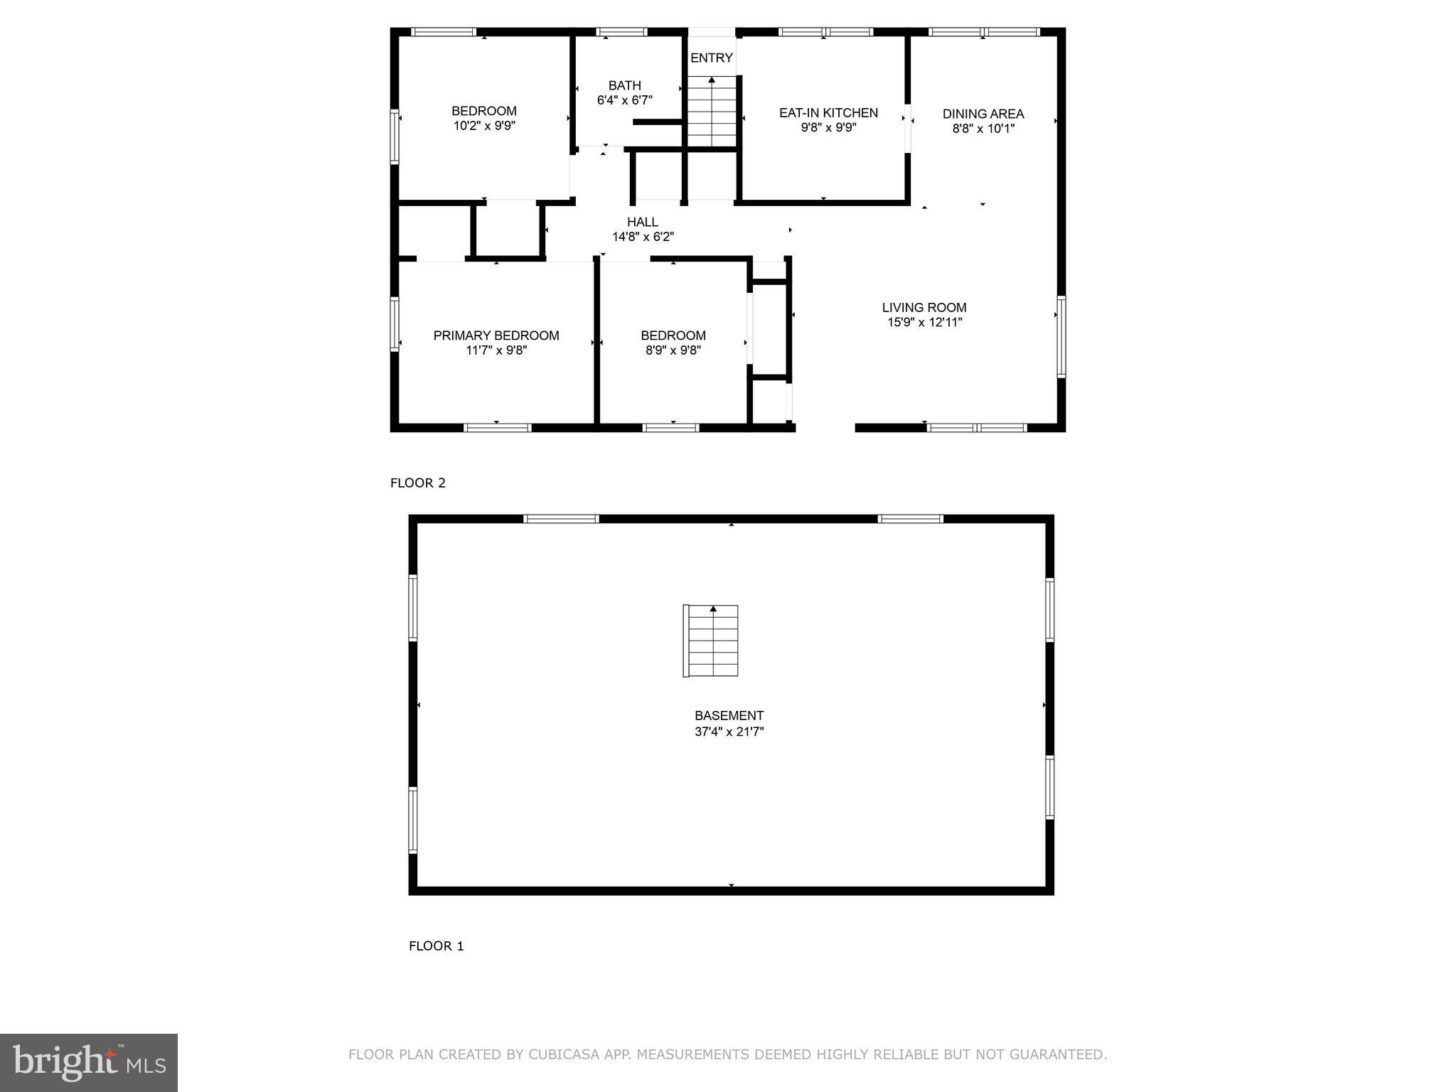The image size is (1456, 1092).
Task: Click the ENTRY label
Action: pyautogui.click(x=711, y=58)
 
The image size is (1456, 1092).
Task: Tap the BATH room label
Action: pyautogui.click(x=624, y=85)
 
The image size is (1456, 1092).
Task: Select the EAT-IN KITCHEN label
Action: pyautogui.click(x=828, y=113)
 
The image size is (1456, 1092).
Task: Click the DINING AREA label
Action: pyautogui.click(x=983, y=114)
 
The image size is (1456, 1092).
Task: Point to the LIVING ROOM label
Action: pyautogui.click(x=924, y=308)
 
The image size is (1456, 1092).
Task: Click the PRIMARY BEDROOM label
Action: pyautogui.click(x=496, y=336)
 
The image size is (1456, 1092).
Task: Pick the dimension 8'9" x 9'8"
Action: pyautogui.click(x=673, y=350)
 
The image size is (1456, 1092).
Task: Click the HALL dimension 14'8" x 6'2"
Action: pyautogui.click(x=643, y=237)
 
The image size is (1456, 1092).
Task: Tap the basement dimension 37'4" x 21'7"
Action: pyautogui.click(x=729, y=732)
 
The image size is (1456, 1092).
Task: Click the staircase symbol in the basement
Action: pyautogui.click(x=711, y=641)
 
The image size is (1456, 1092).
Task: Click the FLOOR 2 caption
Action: pyautogui.click(x=418, y=483)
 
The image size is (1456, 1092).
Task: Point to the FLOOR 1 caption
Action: pyautogui.click(x=436, y=946)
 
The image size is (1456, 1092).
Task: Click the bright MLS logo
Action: pyautogui.click(x=89, y=1063)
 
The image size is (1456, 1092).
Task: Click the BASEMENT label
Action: pyautogui.click(x=729, y=716)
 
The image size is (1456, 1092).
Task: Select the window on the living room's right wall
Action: pyautogui.click(x=1061, y=336)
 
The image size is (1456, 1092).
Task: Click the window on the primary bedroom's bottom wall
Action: pyautogui.click(x=497, y=427)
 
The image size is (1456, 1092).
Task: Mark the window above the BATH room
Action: pyautogui.click(x=621, y=32)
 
